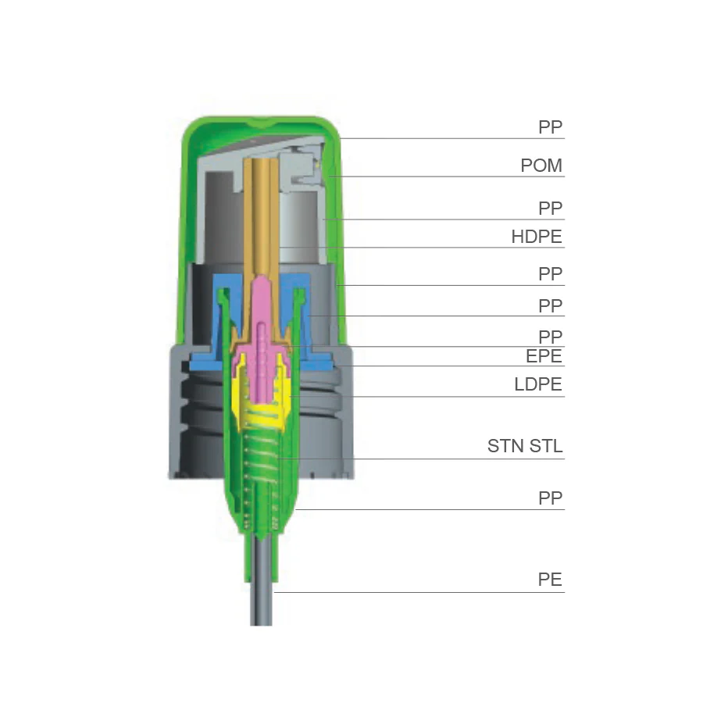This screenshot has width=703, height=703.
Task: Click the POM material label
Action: tap(541, 166)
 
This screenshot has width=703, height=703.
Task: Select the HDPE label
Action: tap(537, 237)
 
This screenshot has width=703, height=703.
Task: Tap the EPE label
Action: tap(544, 356)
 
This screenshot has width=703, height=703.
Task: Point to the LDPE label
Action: tap(538, 384)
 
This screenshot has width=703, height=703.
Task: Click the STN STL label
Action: tap(525, 446)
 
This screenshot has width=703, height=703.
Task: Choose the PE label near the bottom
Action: tap(550, 580)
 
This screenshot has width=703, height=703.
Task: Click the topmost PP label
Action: tap(550, 127)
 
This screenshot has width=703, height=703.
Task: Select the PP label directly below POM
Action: tap(550, 208)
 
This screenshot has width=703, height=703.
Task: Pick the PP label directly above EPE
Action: tap(550, 337)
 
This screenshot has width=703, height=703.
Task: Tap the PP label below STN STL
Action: tap(550, 498)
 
